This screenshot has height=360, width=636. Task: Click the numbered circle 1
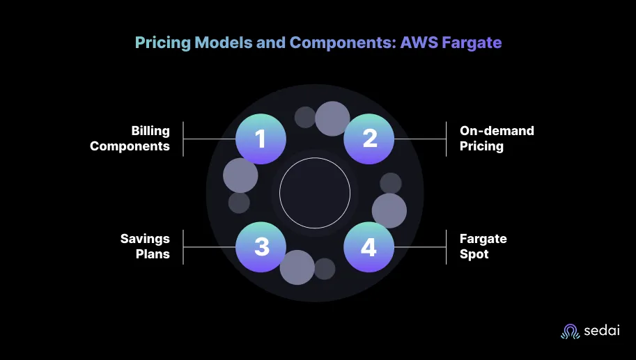pyautogui.click(x=261, y=139)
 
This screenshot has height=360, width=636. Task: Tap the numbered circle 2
pyautogui.click(x=369, y=139)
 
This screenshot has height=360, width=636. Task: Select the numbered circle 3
pyautogui.click(x=261, y=247)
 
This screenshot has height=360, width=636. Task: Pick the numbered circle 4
pyautogui.click(x=369, y=247)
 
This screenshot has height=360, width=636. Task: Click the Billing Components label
pyautogui.click(x=130, y=139)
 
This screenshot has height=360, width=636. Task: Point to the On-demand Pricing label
pyautogui.click(x=497, y=139)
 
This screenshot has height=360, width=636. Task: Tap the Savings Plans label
pyautogui.click(x=145, y=246)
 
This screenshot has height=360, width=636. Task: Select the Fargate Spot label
pyautogui.click(x=483, y=246)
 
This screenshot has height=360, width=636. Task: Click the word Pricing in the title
pyautogui.click(x=162, y=43)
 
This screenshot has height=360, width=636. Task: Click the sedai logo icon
pyautogui.click(x=571, y=331)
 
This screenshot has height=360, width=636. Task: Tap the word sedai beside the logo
pyautogui.click(x=602, y=330)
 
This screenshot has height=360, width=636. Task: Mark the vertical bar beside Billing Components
pyautogui.click(x=183, y=139)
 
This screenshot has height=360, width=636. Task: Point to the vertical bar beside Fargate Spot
pyautogui.click(x=446, y=247)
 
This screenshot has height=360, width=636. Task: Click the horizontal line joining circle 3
pyautogui.click(x=210, y=247)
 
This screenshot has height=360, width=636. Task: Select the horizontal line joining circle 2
pyautogui.click(x=420, y=139)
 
